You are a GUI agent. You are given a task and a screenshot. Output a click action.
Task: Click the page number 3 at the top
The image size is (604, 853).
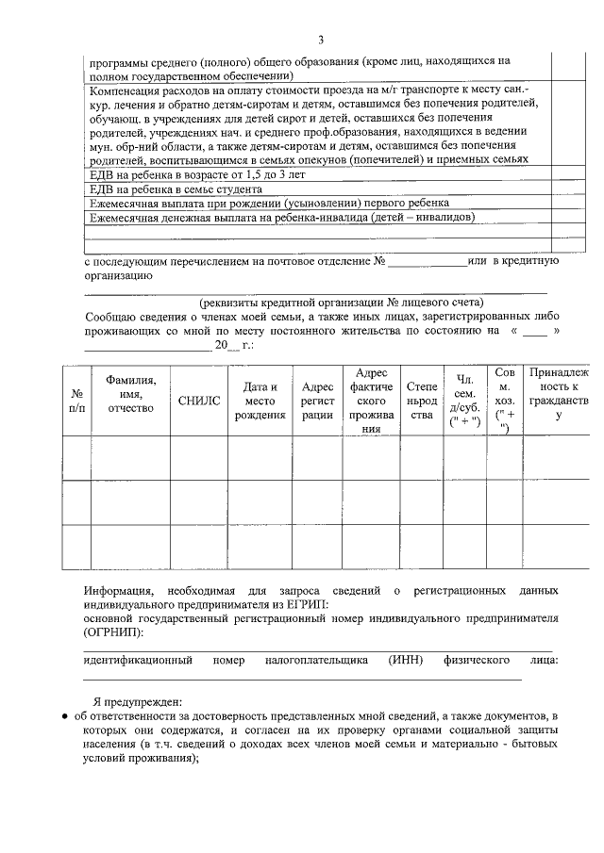(320, 39)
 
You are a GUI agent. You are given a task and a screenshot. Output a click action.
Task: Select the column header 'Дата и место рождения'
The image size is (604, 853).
(260, 401)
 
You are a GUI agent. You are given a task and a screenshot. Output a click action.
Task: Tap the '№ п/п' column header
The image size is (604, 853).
(76, 401)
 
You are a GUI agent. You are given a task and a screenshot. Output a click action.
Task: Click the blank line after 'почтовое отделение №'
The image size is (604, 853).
(427, 261)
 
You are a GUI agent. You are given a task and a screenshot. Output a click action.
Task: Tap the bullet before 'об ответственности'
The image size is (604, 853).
(63, 717)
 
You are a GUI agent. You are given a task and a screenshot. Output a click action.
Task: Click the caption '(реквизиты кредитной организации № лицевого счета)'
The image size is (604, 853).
(341, 303)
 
